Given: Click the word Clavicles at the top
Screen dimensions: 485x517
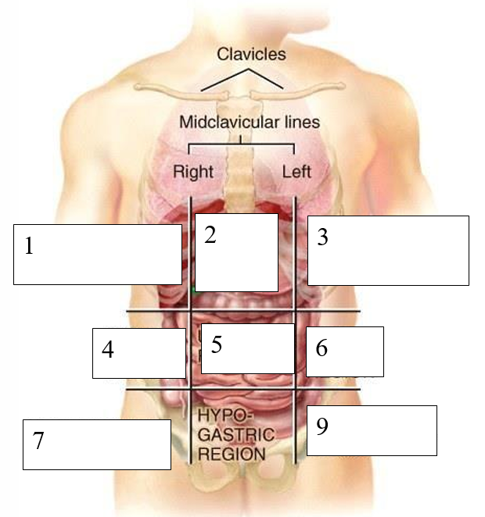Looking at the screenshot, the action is click(251, 55).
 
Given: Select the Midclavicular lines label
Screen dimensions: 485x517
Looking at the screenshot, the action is click(250, 123).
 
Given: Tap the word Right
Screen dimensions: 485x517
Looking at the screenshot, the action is click(193, 171).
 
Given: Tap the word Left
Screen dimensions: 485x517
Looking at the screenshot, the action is click(296, 171).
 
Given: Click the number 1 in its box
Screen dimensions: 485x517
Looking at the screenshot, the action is click(29, 247).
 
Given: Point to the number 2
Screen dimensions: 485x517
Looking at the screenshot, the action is click(210, 236).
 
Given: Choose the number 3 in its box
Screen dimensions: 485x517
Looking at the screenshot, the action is click(322, 238).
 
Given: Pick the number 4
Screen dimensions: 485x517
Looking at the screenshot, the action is click(108, 350).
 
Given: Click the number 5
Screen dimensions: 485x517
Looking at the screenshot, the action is click(217, 345).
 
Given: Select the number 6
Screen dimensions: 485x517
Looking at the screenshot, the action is click(322, 348).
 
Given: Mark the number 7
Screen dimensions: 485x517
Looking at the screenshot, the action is click(38, 441).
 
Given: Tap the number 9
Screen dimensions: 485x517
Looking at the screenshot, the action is click(322, 426).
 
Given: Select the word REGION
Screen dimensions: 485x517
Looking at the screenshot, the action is click(232, 453).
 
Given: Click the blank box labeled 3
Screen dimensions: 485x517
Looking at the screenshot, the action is click(388, 251).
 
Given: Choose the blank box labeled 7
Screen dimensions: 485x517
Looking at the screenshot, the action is click(96, 444).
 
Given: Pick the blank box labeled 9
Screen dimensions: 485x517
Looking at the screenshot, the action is click(371, 430).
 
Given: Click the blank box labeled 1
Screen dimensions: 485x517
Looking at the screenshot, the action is click(97, 254).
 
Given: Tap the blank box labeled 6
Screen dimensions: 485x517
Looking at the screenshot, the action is click(344, 351).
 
